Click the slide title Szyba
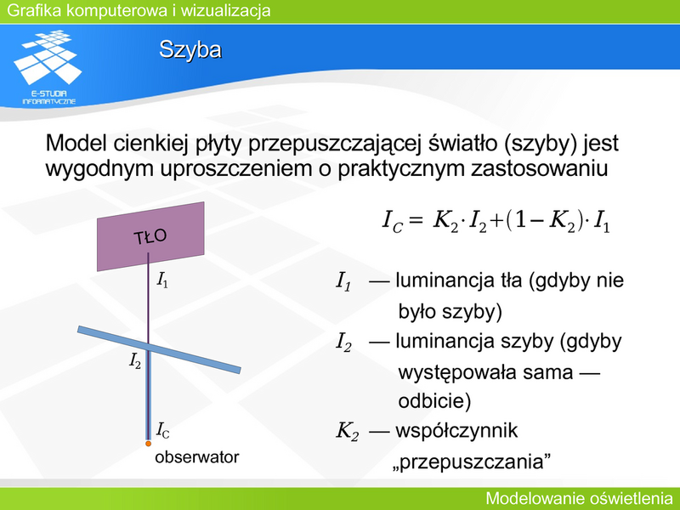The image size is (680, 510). pos(190,50)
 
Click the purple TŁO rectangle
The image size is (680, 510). pos(150,236)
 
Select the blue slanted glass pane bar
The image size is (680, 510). pos(159,349)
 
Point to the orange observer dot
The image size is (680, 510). pos(148,444)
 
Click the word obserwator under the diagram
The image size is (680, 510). pos(197,457)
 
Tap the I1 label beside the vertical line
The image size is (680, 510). pos(162,280)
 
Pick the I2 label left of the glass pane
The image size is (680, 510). pos(135,360)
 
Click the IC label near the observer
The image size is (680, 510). pos(163,430)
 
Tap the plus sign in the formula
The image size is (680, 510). pos(496,221)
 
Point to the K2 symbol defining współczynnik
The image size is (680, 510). pos(348,432)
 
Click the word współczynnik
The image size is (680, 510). pos(456,431)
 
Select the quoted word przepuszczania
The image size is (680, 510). pos(472,462)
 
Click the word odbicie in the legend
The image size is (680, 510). pos(434,400)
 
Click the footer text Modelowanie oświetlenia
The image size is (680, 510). pos(579,499)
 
